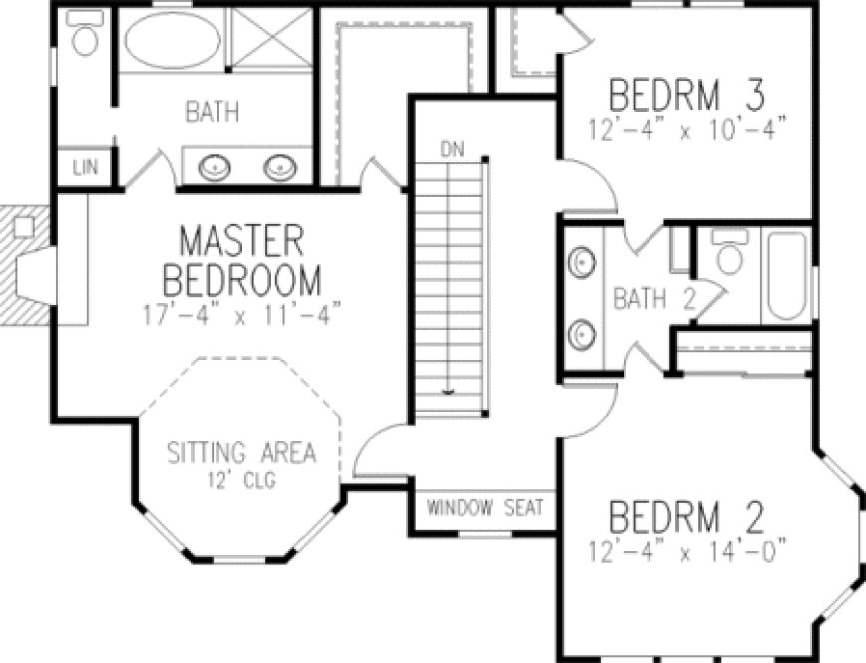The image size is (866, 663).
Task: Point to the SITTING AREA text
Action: pyautogui.click(x=241, y=452)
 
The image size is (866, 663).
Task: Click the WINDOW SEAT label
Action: pyautogui.click(x=486, y=508)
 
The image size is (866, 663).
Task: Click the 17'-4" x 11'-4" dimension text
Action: pyautogui.click(x=241, y=311)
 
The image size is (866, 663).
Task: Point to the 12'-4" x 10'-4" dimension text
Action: pyautogui.click(x=686, y=128)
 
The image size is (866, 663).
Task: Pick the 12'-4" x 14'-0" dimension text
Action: pyautogui.click(x=686, y=547)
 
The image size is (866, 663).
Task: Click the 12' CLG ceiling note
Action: pyautogui.click(x=241, y=479)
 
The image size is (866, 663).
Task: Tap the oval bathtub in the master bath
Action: pyautogui.click(x=173, y=43)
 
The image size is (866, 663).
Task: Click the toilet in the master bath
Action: pyautogui.click(x=87, y=37)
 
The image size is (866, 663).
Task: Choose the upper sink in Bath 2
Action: pyautogui.click(x=582, y=263)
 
